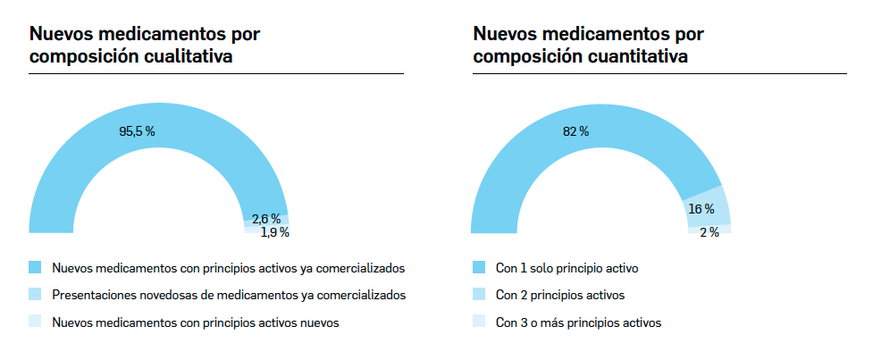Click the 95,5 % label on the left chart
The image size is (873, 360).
[137, 130]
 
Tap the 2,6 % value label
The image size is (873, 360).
[266, 218]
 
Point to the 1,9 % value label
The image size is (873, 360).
[274, 232]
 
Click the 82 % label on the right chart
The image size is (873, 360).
[575, 131]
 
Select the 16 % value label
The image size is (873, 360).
[701, 209]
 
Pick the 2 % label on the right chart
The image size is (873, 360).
[709, 232]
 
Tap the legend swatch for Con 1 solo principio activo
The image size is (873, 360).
[478, 267]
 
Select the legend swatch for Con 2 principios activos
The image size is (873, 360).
[478, 294]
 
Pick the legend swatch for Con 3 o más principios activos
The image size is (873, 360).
[478, 322]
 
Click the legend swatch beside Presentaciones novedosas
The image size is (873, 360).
[35, 294]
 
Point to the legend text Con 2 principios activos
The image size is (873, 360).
[559, 295]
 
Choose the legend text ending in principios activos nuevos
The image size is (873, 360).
[196, 322]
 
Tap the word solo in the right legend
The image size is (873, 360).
[541, 268]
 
